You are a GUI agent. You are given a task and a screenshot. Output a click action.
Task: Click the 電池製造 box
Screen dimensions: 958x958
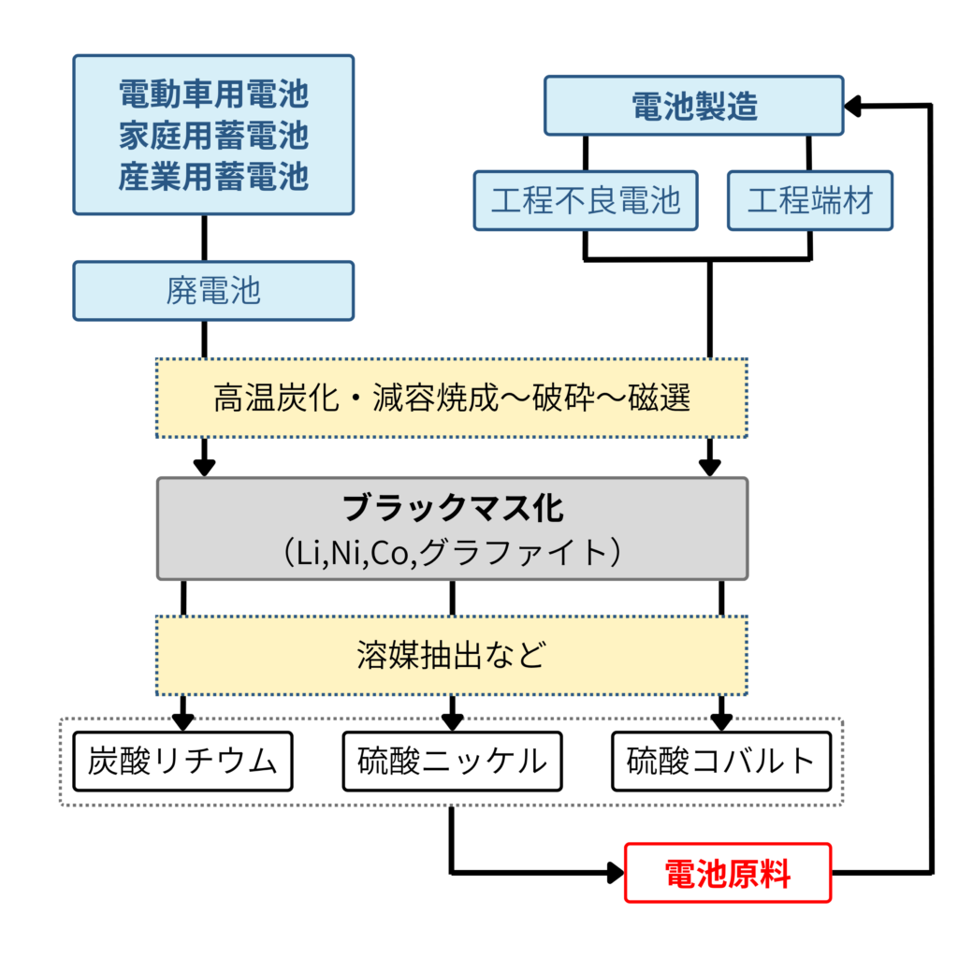tap(694, 107)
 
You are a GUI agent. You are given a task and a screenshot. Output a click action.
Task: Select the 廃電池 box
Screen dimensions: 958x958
tap(213, 291)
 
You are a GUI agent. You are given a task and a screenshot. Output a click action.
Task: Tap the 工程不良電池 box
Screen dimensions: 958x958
tap(586, 200)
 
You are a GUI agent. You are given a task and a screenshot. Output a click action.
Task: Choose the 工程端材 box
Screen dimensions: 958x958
tap(810, 200)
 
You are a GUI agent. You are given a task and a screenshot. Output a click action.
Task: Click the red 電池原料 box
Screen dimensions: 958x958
tap(727, 873)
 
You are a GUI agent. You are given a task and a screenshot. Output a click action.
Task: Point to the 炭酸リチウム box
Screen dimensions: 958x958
tap(182, 761)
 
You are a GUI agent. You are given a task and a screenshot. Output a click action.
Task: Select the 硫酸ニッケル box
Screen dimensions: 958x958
tap(452, 761)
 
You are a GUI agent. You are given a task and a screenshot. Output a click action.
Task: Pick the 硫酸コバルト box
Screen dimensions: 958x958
tap(720, 761)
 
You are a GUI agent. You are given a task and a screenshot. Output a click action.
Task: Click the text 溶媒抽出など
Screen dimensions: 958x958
tap(451, 655)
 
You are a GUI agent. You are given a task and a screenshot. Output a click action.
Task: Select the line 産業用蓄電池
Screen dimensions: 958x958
tap(213, 176)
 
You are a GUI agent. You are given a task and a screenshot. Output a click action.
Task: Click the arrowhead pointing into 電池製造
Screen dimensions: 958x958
tap(852, 107)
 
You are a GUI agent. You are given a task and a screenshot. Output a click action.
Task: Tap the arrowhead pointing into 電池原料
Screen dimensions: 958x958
tap(615, 873)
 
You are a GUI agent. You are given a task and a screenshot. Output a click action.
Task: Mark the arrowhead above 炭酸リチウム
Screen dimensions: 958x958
tap(182, 721)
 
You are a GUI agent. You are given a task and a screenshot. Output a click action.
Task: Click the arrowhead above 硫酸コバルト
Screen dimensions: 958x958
tap(720, 721)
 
